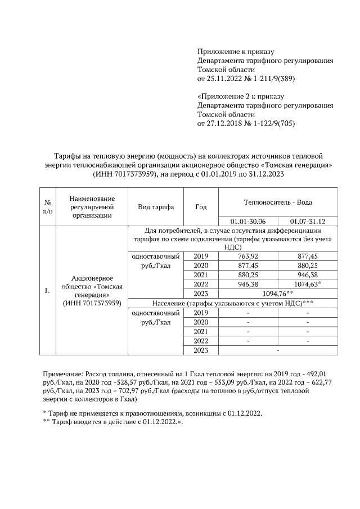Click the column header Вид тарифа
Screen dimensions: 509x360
coord(156,207)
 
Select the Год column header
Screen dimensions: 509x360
coord(201,207)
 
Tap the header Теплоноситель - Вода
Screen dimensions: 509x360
coord(277,202)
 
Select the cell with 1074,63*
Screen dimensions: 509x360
coord(308,285)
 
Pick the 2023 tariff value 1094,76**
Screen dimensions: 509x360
coord(278,294)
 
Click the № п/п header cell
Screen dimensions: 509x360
coord(48,207)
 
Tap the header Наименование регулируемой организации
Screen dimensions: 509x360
coord(93,206)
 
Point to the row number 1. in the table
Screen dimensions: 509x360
coord(47,291)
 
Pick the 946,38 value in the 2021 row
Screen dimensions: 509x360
coord(308,275)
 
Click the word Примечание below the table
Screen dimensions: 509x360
coord(62,373)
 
